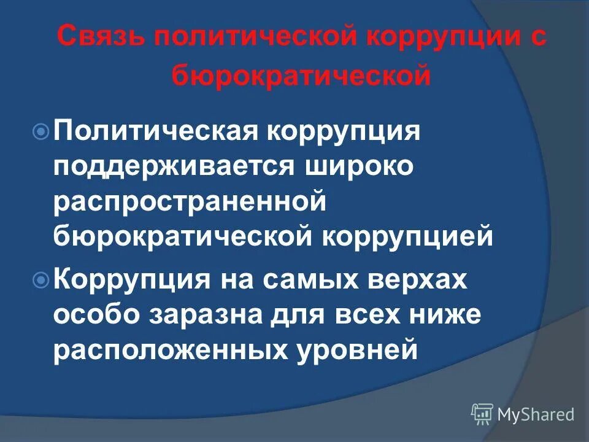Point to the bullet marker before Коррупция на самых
coord(41,281)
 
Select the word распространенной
coord(189,202)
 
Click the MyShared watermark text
coord(537,414)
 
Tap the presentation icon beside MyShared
coord(482,414)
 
